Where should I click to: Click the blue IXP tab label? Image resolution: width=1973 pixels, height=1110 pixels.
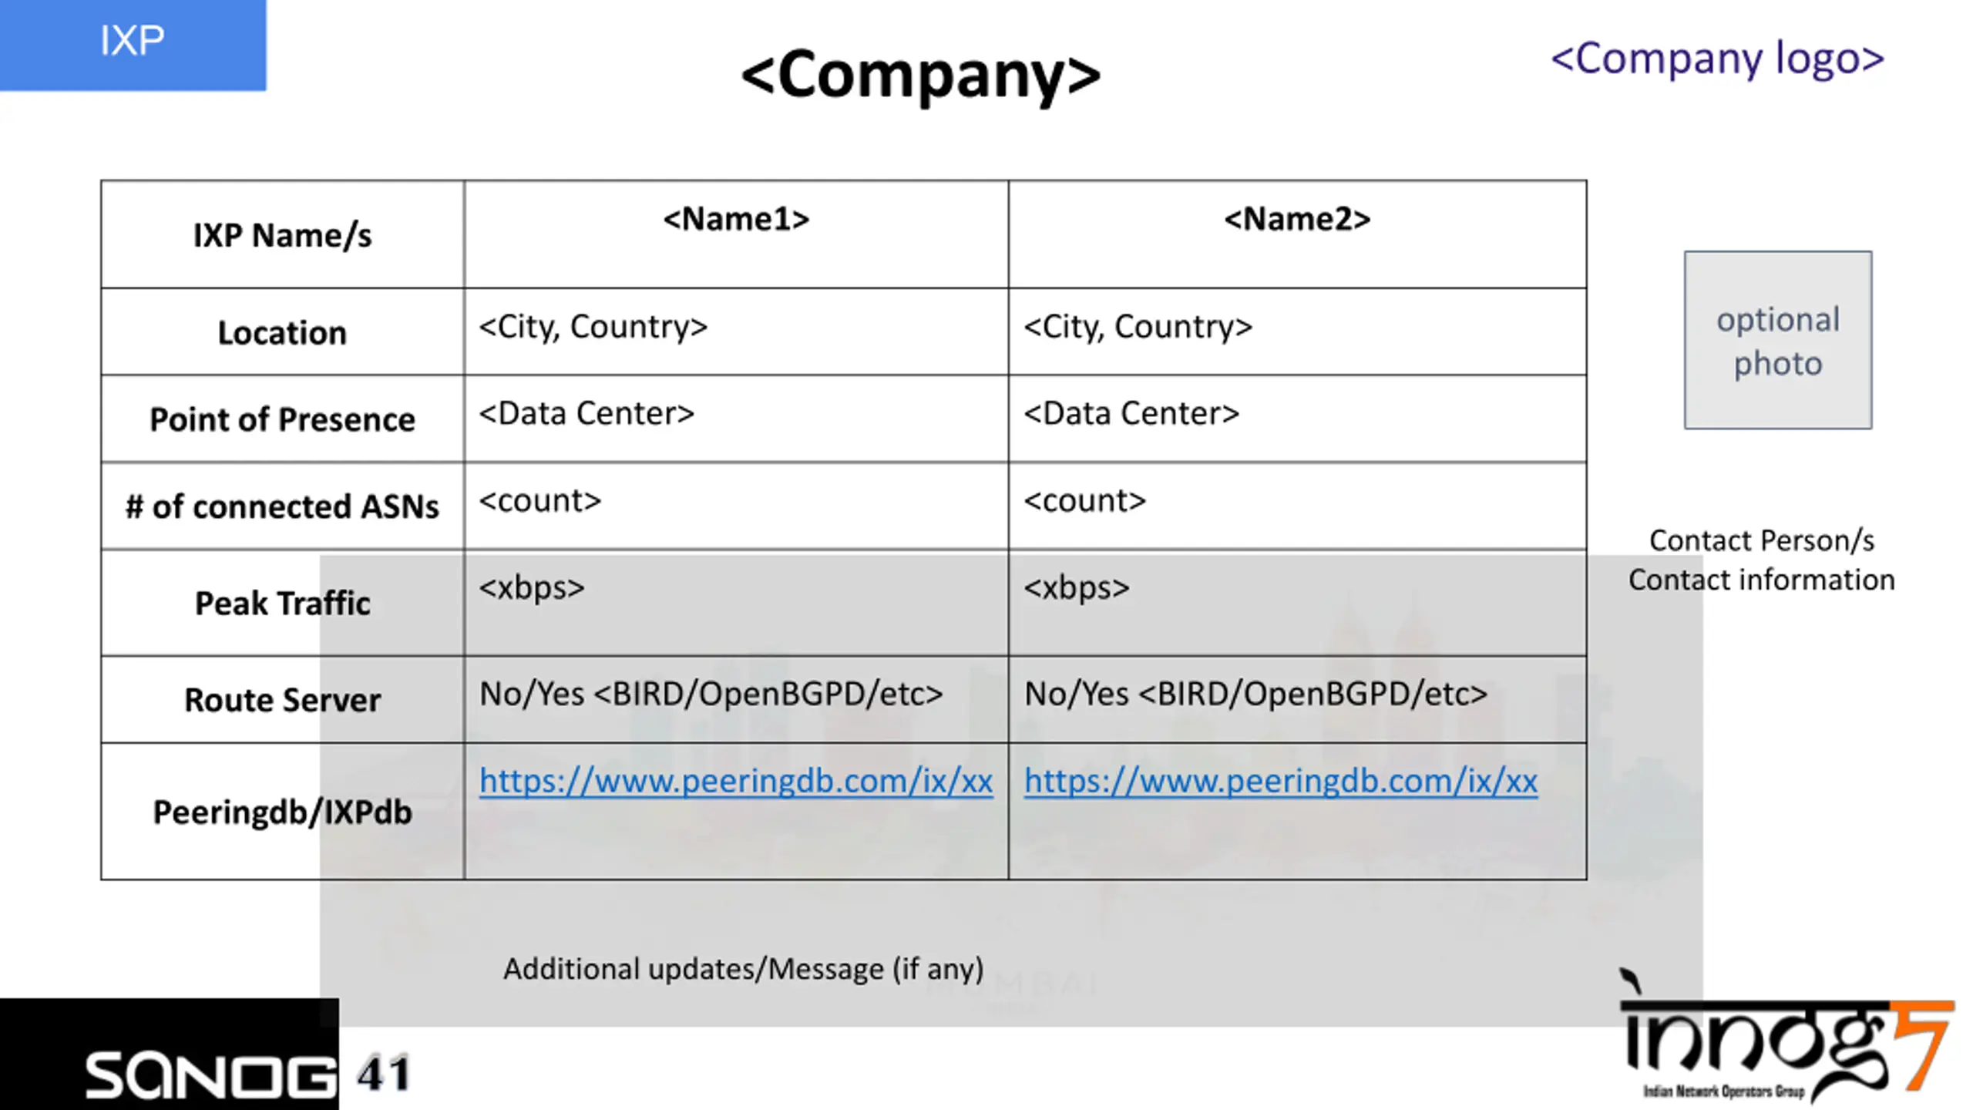coord(132,40)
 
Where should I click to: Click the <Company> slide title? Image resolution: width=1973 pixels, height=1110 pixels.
coord(921,76)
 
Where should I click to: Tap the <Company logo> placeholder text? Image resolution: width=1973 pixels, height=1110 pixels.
coord(1718,59)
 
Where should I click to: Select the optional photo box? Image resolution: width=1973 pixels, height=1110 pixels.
coord(1778,340)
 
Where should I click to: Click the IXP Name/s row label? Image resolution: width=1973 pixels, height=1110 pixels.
coord(282,235)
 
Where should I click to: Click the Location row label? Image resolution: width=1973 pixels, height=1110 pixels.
coord(282,332)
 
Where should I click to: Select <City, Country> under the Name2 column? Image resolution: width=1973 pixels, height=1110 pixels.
coord(1138,327)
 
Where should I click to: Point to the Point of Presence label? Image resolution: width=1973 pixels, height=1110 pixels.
coord(282,419)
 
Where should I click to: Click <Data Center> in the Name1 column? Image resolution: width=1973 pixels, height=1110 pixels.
coord(587,413)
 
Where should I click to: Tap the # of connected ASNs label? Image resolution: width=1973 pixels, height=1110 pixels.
coord(282,506)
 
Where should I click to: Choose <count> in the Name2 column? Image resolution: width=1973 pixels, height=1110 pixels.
coord(1084,501)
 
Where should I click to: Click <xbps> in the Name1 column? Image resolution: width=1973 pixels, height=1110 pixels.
coord(532,588)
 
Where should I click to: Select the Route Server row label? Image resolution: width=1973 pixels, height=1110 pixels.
coord(282,700)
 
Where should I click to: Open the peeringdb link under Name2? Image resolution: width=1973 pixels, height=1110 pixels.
coord(1280,781)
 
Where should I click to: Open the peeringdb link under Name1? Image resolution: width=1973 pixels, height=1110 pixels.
coord(736,781)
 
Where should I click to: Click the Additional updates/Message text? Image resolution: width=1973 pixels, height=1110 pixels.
coord(744,969)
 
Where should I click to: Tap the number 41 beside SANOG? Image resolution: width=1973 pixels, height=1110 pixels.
coord(383,1074)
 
